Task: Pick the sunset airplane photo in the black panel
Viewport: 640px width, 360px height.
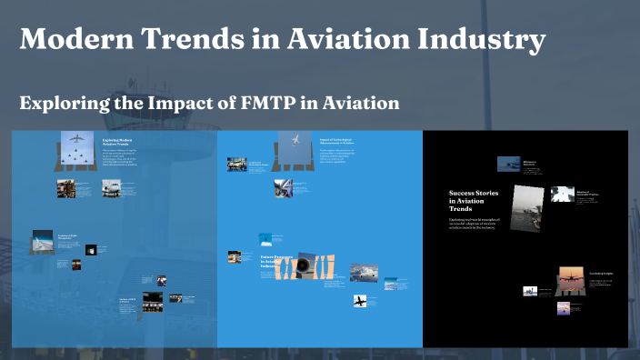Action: pyautogui.click(x=570, y=276)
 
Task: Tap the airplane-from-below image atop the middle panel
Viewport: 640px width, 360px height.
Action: pyautogui.click(x=295, y=142)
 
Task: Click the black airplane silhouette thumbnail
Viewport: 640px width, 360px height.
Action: pyautogui.click(x=361, y=300)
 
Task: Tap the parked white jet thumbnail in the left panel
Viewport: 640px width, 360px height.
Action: pyautogui.click(x=112, y=188)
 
